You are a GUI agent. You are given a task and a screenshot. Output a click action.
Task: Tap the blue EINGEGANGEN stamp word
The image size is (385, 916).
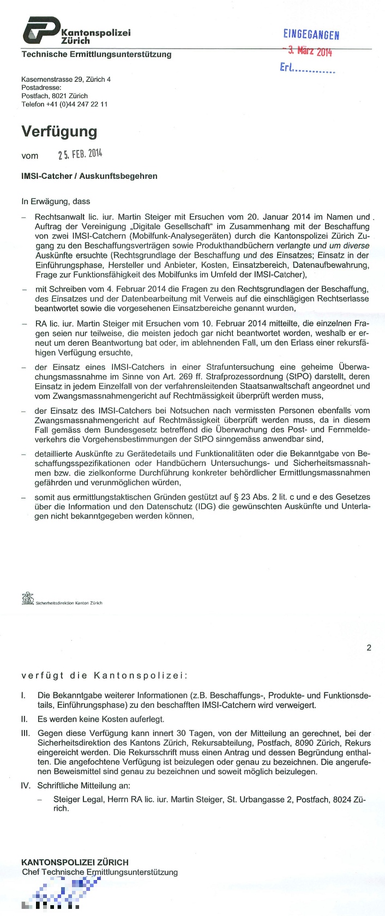tap(311, 35)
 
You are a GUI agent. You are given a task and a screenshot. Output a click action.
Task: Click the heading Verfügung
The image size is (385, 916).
tap(59, 131)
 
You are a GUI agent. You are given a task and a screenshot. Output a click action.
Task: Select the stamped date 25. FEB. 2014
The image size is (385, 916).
tap(80, 155)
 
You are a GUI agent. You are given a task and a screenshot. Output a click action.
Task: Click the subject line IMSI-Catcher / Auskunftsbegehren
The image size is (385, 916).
tap(89, 176)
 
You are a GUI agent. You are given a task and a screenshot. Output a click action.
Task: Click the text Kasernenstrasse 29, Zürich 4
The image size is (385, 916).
tap(66, 80)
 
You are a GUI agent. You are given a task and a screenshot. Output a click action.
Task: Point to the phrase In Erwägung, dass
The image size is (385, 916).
tap(56, 201)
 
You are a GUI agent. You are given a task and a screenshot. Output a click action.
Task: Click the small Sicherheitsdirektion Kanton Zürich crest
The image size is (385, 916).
tap(27, 599)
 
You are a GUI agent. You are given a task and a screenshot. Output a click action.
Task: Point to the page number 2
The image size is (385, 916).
tap(369, 648)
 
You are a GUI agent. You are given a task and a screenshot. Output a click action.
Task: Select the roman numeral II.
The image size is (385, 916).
tap(24, 719)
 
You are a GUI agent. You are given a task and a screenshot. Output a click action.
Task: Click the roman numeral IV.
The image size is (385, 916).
tap(25, 786)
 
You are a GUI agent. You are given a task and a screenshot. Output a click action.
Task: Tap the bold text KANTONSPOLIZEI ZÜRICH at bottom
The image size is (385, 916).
tap(75, 862)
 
